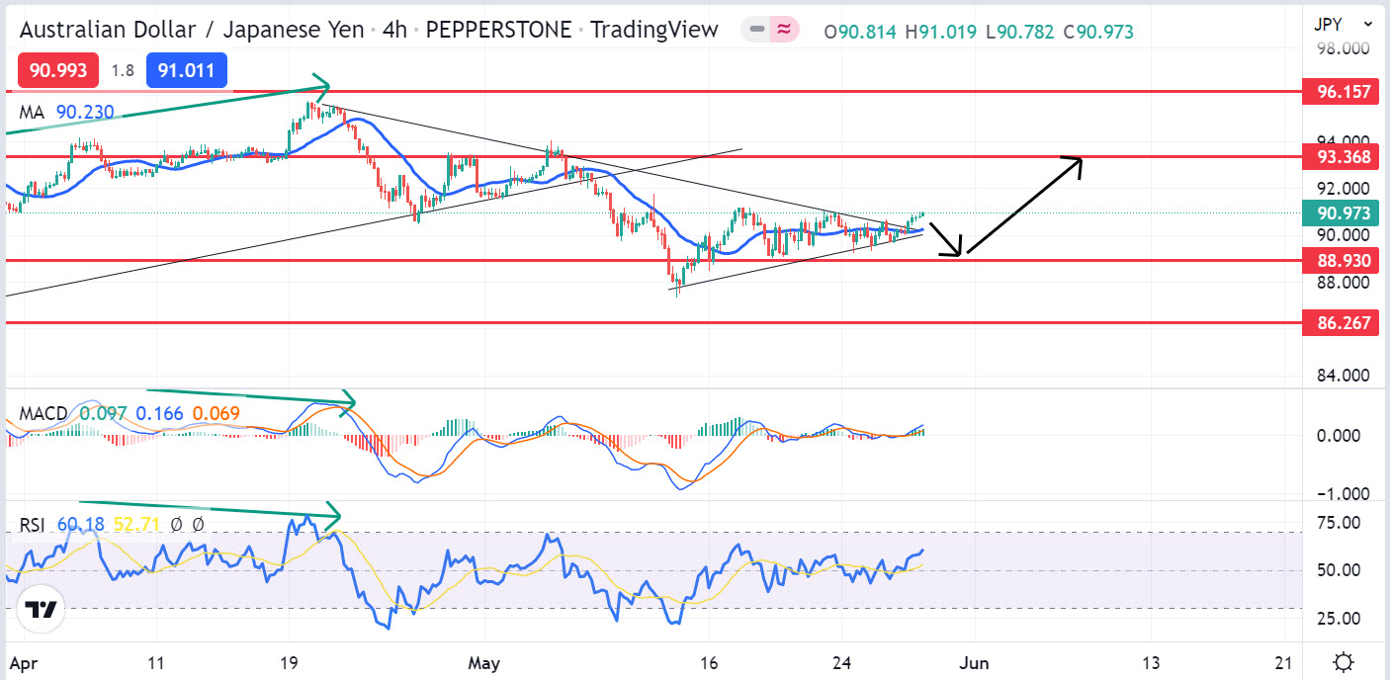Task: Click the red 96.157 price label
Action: tap(1342, 92)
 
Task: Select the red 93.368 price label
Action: tap(1342, 156)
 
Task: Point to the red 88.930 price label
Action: tap(1342, 260)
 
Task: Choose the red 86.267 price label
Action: tap(1342, 322)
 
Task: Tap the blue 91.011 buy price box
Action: tap(187, 71)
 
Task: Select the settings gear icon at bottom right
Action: tap(1343, 661)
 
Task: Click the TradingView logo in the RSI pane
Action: tap(41, 609)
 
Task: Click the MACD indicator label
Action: tap(43, 413)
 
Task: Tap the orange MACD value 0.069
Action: tap(217, 413)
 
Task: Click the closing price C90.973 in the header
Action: tap(1098, 32)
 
